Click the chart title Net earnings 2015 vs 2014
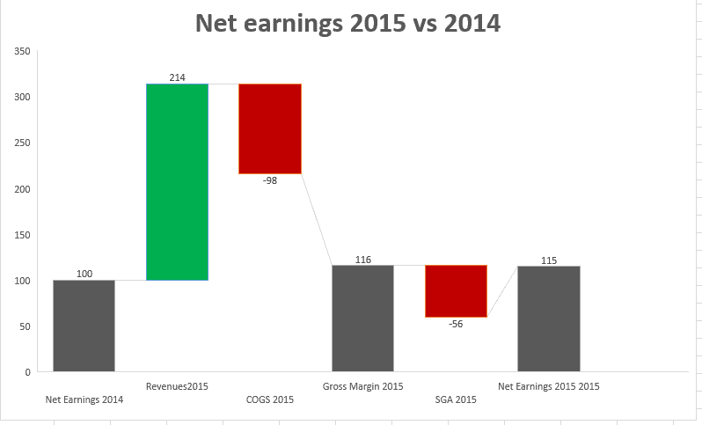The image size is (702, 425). [347, 23]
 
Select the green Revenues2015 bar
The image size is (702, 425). [177, 181]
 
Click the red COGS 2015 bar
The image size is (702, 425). [270, 128]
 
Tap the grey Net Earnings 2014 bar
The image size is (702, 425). [84, 326]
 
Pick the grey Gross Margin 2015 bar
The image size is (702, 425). [362, 318]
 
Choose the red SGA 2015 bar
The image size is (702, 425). [456, 290]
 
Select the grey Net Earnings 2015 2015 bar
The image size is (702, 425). [548, 319]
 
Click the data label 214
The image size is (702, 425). [177, 77]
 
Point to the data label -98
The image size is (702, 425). [270, 180]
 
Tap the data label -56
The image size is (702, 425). [456, 324]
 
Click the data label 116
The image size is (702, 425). [362, 260]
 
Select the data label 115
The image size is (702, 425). [548, 260]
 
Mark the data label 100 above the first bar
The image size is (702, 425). [84, 275]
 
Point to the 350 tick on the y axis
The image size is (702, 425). [23, 52]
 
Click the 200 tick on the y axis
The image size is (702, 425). [23, 189]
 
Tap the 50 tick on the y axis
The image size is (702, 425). [26, 326]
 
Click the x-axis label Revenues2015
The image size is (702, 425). [177, 386]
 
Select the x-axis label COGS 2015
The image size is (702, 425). [270, 399]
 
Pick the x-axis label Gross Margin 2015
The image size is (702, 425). [362, 386]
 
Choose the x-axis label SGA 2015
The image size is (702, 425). [456, 399]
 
